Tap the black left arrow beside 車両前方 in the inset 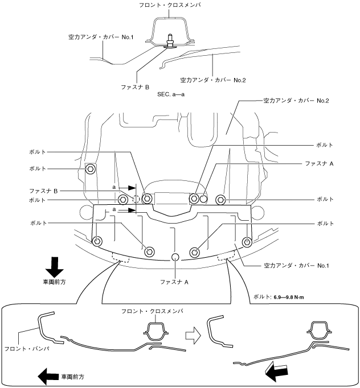(x=47, y=375)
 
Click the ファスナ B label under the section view (x=136, y=87)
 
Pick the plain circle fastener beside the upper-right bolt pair (x=203, y=199)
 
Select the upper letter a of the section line (x=114, y=187)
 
